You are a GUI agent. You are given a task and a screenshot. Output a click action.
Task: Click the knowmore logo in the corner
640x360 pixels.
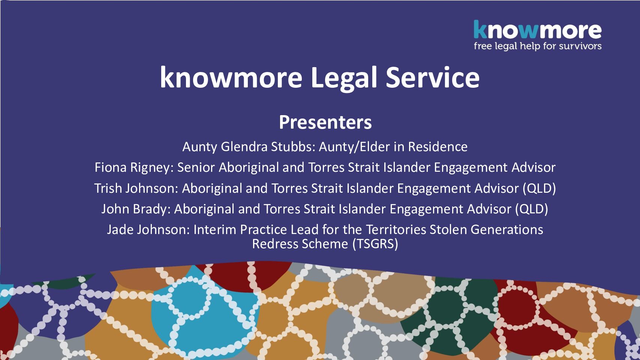537,34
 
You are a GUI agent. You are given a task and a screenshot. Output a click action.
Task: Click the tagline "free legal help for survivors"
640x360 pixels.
538,46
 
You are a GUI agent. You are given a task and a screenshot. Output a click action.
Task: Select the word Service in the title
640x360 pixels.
433,77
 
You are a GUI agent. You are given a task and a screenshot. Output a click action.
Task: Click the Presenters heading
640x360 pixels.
325,122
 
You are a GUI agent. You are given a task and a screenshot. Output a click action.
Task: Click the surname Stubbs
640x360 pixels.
293,147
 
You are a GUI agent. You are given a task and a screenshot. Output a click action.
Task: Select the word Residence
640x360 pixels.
438,147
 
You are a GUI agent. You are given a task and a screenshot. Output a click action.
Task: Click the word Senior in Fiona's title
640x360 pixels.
196,167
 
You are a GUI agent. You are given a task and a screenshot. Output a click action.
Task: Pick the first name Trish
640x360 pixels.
108,189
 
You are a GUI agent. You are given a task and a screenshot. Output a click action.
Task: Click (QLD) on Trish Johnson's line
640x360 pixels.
539,189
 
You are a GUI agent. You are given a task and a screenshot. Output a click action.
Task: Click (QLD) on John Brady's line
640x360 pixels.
531,209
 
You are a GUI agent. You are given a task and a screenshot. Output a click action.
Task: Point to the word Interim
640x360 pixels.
215,230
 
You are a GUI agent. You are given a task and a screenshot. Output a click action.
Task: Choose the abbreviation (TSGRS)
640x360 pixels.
375,244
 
